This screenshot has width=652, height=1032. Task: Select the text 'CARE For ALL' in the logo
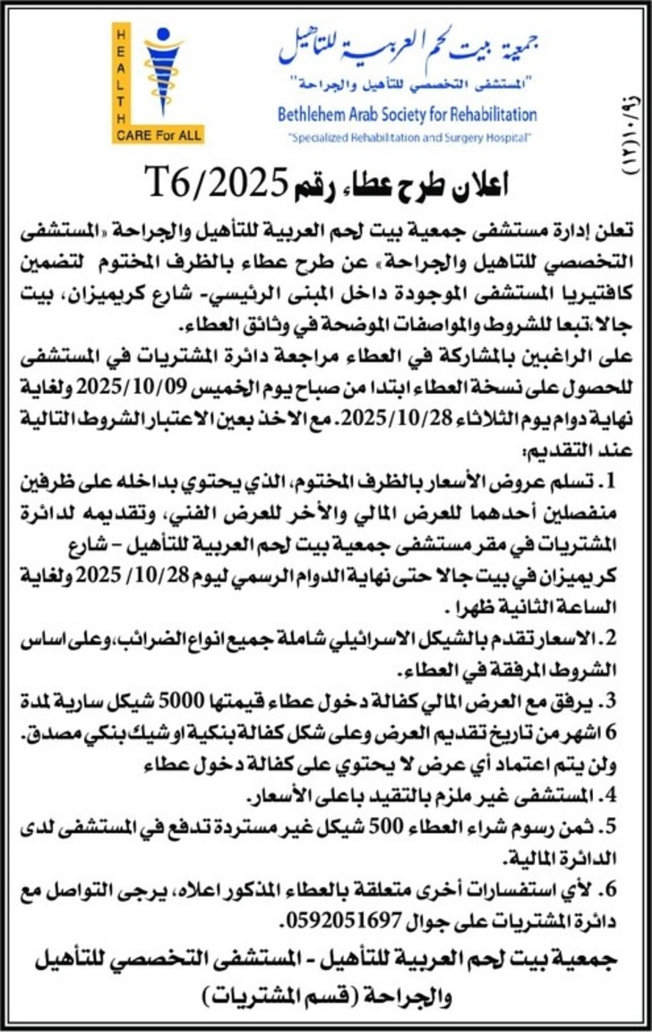tap(158, 136)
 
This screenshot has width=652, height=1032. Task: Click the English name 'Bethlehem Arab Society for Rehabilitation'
tap(407, 115)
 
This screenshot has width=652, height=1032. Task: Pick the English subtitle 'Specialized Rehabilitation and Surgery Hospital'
tap(410, 137)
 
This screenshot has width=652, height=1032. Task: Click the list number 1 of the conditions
tap(609, 483)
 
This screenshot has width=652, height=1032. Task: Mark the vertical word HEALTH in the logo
tap(122, 75)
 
